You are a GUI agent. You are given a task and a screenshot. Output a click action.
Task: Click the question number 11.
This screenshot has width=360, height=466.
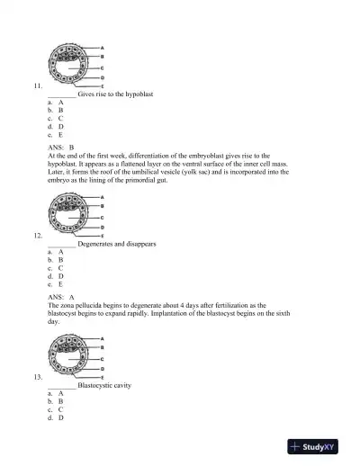tap(36, 85)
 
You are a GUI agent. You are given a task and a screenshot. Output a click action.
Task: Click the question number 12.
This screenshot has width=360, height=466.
tap(36, 236)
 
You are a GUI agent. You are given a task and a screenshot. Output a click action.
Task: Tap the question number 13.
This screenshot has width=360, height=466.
tap(36, 377)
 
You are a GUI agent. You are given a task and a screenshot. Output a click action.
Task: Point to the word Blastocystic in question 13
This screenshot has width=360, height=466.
tap(96, 385)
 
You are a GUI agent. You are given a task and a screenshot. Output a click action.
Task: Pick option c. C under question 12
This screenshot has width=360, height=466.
tap(56, 267)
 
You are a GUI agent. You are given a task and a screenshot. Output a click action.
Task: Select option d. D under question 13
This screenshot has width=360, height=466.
tap(56, 417)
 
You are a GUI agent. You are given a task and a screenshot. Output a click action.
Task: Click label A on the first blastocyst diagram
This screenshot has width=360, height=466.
tap(102, 47)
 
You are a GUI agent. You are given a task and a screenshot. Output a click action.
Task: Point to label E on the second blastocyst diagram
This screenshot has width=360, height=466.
tap(102, 237)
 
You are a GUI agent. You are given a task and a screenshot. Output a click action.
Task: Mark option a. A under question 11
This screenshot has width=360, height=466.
tap(56, 102)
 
